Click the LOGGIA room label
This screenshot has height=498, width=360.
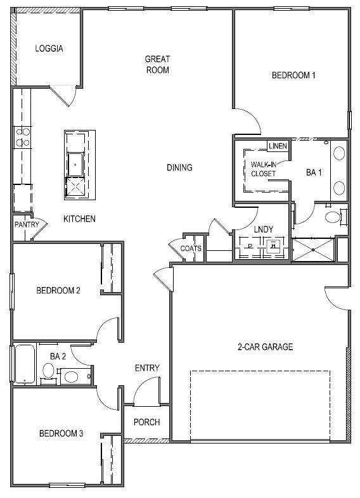tap(49, 48)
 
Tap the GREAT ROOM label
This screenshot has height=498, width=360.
tap(157, 65)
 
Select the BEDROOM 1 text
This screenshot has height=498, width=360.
tap(293, 75)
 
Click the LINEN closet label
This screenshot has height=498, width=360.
tap(278, 146)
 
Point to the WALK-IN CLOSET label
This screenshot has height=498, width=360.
tap(263, 169)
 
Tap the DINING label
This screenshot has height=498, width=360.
tap(179, 168)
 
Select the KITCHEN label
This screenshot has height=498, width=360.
tap(79, 219)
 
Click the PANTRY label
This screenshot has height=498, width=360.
tap(27, 224)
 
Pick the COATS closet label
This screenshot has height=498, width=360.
tap(191, 249)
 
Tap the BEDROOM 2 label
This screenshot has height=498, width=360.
tap(58, 291)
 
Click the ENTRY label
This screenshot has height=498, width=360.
tap(147, 368)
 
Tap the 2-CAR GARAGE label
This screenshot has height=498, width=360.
tap(265, 347)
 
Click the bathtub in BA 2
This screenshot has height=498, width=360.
tap(25, 364)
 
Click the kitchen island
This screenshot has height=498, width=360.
tap(79, 165)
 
